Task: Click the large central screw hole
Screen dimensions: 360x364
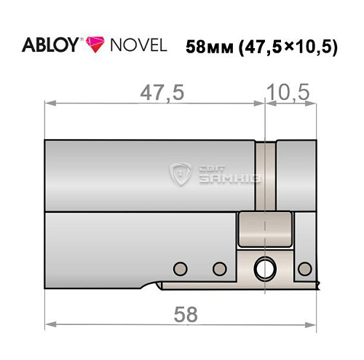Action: pyautogui.click(x=262, y=269)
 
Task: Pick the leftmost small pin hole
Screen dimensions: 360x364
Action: pyautogui.click(x=178, y=267)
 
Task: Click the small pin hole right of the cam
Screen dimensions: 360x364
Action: pyautogui.click(x=304, y=268)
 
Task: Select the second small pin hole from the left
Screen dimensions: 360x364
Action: pyautogui.click(x=218, y=268)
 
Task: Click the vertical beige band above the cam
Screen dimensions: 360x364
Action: pyautogui.click(x=269, y=175)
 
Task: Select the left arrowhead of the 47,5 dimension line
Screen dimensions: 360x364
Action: pyautogui.click(x=49, y=104)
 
